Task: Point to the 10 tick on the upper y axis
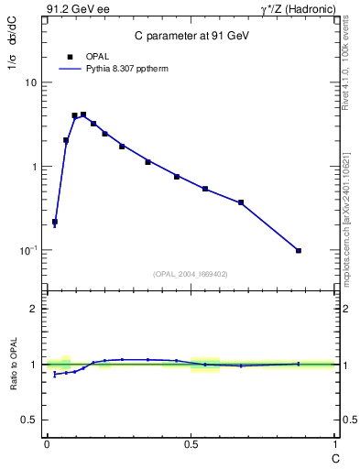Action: pyautogui.click(x=31, y=82)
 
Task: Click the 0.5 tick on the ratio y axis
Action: pyautogui.click(x=30, y=420)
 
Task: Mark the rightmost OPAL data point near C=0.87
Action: pyautogui.click(x=299, y=250)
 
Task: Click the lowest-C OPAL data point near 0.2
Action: pyautogui.click(x=55, y=222)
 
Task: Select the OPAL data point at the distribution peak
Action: pyautogui.click(x=83, y=115)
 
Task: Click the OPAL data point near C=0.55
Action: pyautogui.click(x=205, y=189)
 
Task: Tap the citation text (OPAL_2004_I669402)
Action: pyautogui.click(x=191, y=273)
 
